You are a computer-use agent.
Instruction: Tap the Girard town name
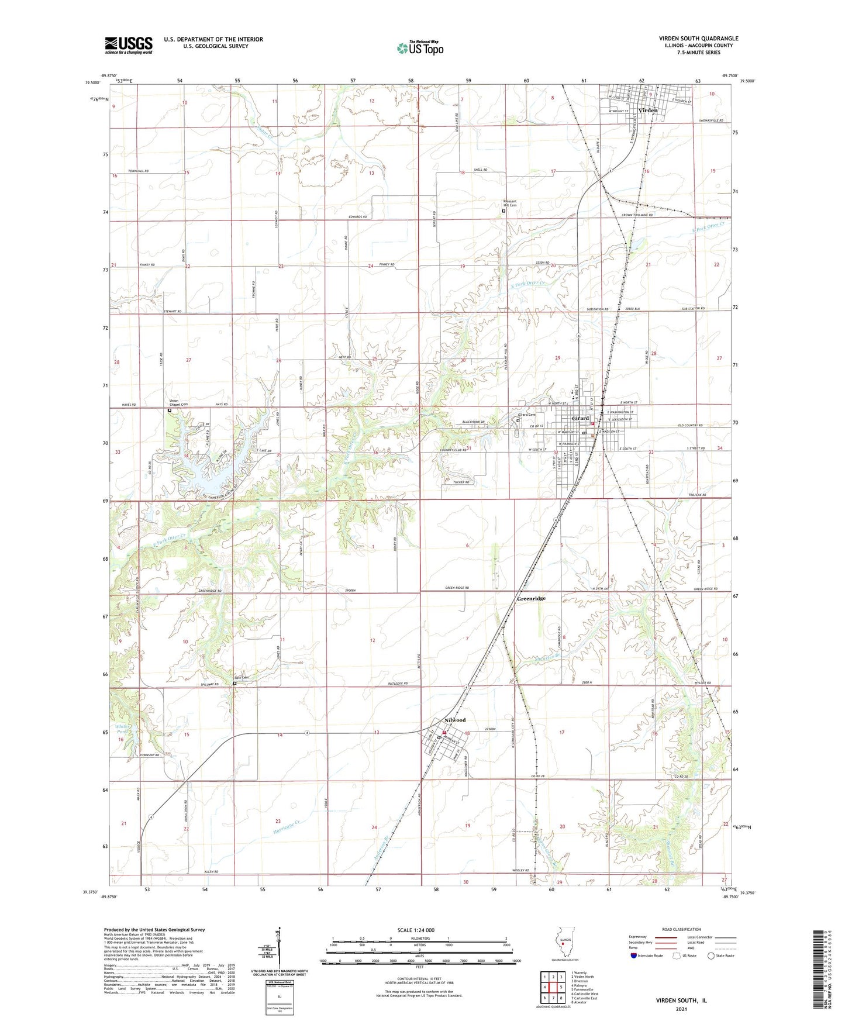click(580, 418)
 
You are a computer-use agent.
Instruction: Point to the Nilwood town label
click(455, 720)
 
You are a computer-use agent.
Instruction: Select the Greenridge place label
click(531, 599)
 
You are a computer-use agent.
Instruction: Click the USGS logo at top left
click(129, 45)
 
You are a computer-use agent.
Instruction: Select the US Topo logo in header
click(420, 48)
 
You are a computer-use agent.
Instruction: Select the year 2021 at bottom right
click(681, 1009)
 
